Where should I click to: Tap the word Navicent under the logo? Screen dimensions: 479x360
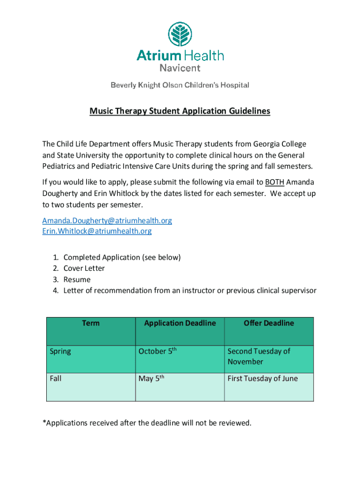click(x=180, y=68)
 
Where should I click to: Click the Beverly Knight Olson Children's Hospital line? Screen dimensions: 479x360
click(x=180, y=85)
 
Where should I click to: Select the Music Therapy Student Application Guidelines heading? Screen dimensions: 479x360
click(x=180, y=111)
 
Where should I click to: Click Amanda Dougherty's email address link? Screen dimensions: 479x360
click(x=107, y=220)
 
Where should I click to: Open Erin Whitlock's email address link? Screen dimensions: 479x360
click(x=97, y=231)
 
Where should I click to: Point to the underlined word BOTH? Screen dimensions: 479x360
click(x=274, y=182)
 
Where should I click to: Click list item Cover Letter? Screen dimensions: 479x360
click(x=84, y=269)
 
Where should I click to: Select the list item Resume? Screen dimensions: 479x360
click(x=77, y=280)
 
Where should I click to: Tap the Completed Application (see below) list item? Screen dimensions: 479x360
click(x=122, y=257)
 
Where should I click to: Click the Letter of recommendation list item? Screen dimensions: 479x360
click(x=190, y=291)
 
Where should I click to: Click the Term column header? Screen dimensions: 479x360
click(x=91, y=323)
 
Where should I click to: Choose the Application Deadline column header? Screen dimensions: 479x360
click(x=180, y=323)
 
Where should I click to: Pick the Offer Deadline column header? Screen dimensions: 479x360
click(x=269, y=323)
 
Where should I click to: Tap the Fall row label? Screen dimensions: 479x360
click(x=56, y=378)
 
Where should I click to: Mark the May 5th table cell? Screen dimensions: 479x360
click(x=152, y=378)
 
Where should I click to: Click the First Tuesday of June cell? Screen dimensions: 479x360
click(x=262, y=378)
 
